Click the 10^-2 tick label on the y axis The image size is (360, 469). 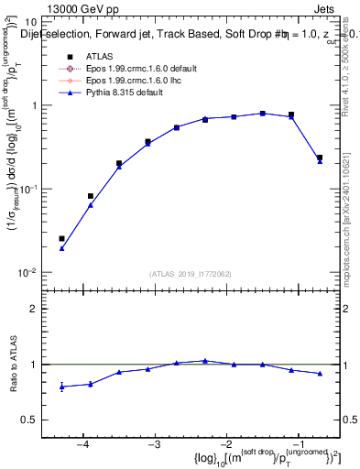click(30, 273)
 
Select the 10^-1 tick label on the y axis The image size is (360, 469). click(30, 189)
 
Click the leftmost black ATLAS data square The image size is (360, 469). click(61, 238)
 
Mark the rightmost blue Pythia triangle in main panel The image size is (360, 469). click(320, 161)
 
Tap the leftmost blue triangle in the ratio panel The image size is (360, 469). click(61, 387)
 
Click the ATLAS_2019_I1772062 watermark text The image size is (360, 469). click(188, 274)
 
